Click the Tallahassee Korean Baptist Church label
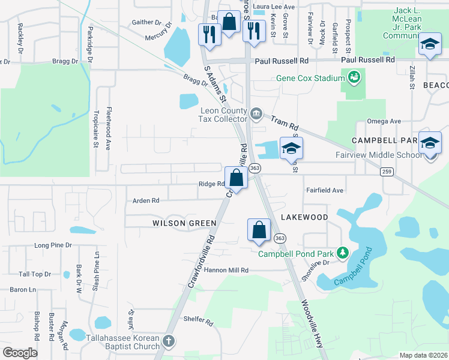pyautogui.click(x=124, y=341)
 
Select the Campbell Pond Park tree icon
pyautogui.click(x=343, y=253)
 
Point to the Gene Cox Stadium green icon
pyautogui.click(x=354, y=77)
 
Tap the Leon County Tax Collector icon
pyautogui.click(x=256, y=113)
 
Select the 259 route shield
pyautogui.click(x=387, y=172)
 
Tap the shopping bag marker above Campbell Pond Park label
pyautogui.click(x=259, y=230)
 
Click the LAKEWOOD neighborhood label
pyautogui.click(x=304, y=217)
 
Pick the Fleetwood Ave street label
pyautogui.click(x=109, y=128)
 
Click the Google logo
pyautogui.click(x=20, y=353)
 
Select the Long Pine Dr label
pyautogui.click(x=53, y=245)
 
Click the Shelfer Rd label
pyautogui.click(x=198, y=322)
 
